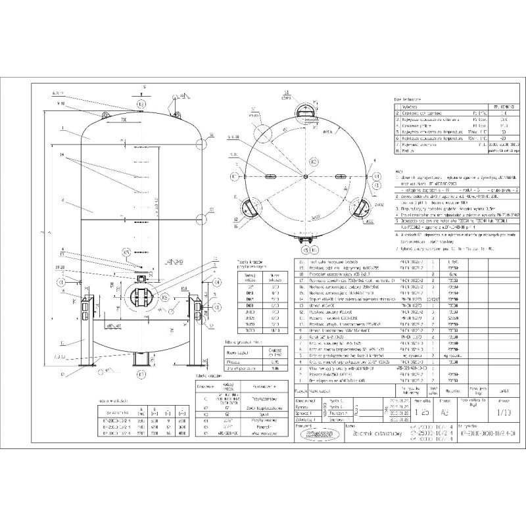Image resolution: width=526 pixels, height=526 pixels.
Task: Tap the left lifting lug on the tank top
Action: click(x=106, y=116)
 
